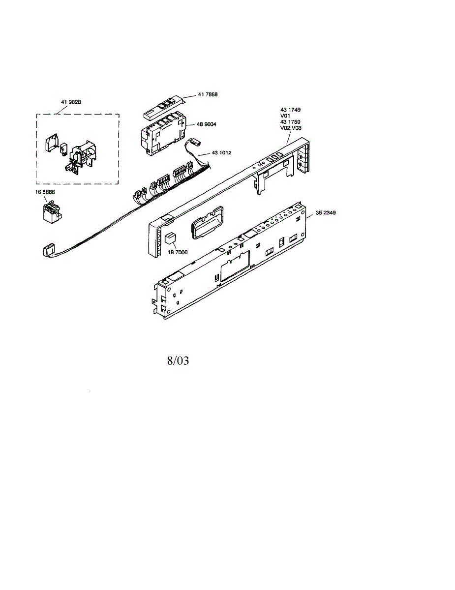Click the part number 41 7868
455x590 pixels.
(x=208, y=94)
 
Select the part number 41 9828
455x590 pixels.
(x=71, y=102)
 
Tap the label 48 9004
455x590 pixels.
(x=207, y=124)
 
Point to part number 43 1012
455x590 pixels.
(x=221, y=153)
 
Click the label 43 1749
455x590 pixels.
(x=290, y=110)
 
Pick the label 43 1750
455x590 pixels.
(x=290, y=122)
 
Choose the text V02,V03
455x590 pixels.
(x=291, y=128)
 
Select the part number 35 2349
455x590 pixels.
(x=326, y=212)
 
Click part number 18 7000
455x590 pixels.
(x=178, y=252)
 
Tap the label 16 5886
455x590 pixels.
(x=45, y=192)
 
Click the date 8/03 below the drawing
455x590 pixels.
(x=178, y=360)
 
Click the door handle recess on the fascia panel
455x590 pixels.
(x=208, y=222)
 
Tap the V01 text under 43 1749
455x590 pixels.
(x=285, y=116)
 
